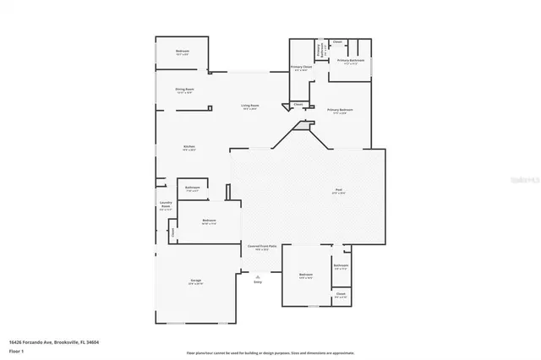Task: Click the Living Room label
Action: [x=251, y=106]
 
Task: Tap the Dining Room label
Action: [x=184, y=90]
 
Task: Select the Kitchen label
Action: [x=189, y=148]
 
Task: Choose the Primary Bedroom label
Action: [x=341, y=111]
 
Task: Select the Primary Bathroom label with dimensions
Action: [x=351, y=62]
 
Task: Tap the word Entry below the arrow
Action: [x=258, y=281]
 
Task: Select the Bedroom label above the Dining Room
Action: [x=183, y=52]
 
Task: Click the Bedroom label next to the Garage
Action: [x=210, y=221]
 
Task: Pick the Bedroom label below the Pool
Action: [x=306, y=275]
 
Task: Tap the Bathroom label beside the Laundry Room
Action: [x=193, y=188]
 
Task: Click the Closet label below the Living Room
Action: [x=298, y=105]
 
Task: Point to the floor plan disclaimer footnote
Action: [x=270, y=352]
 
